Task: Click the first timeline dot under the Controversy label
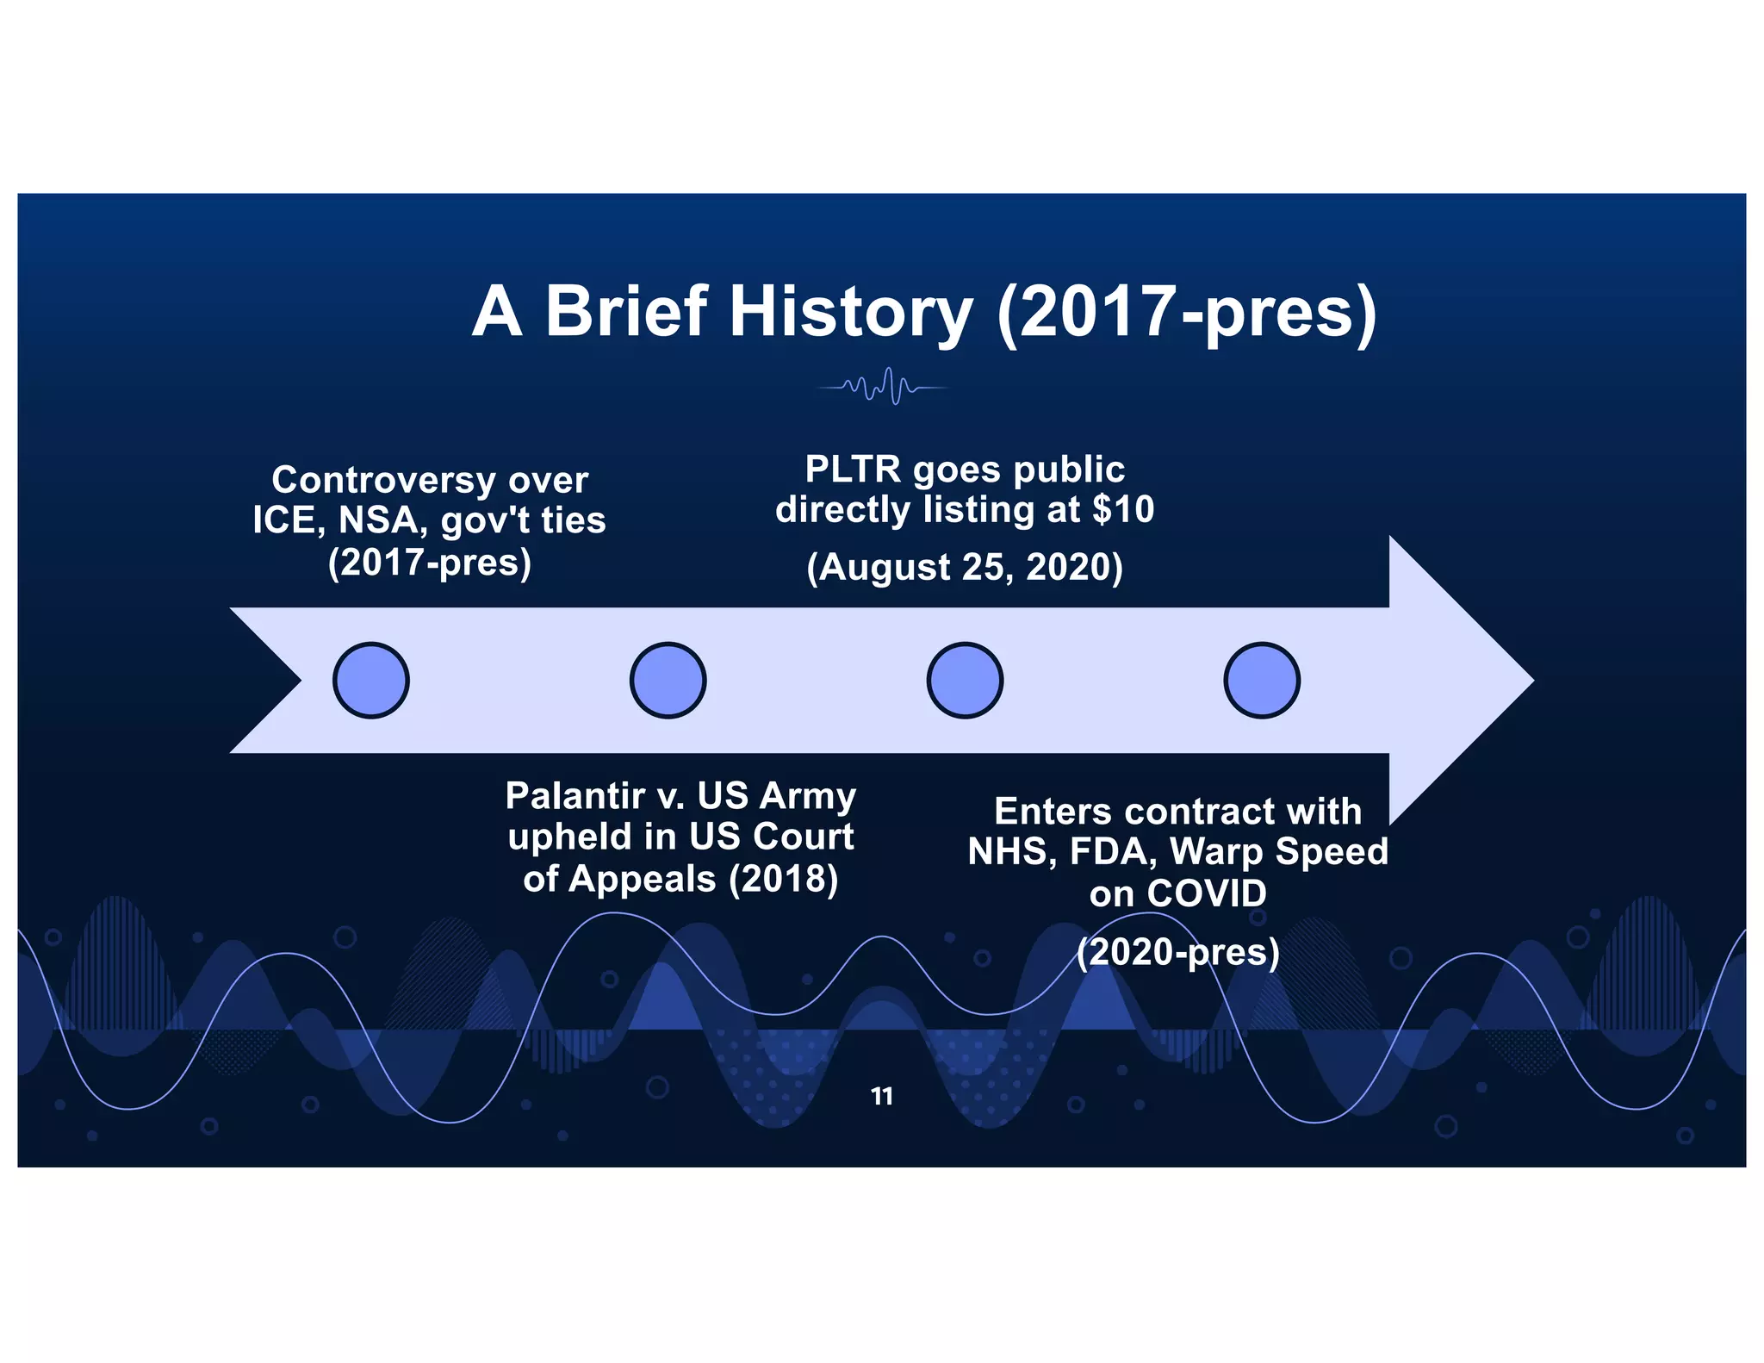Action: coord(370,680)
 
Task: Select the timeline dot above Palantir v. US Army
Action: coord(668,680)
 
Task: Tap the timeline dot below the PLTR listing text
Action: coord(965,680)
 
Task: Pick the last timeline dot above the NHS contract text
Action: coord(1262,680)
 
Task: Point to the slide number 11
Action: coord(882,1096)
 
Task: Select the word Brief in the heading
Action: coord(626,312)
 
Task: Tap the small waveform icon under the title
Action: coord(882,388)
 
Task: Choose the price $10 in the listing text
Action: coord(1123,509)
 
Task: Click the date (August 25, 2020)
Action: coord(965,567)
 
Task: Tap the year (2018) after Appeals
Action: coord(783,879)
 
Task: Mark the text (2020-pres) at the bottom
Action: coord(1178,952)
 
